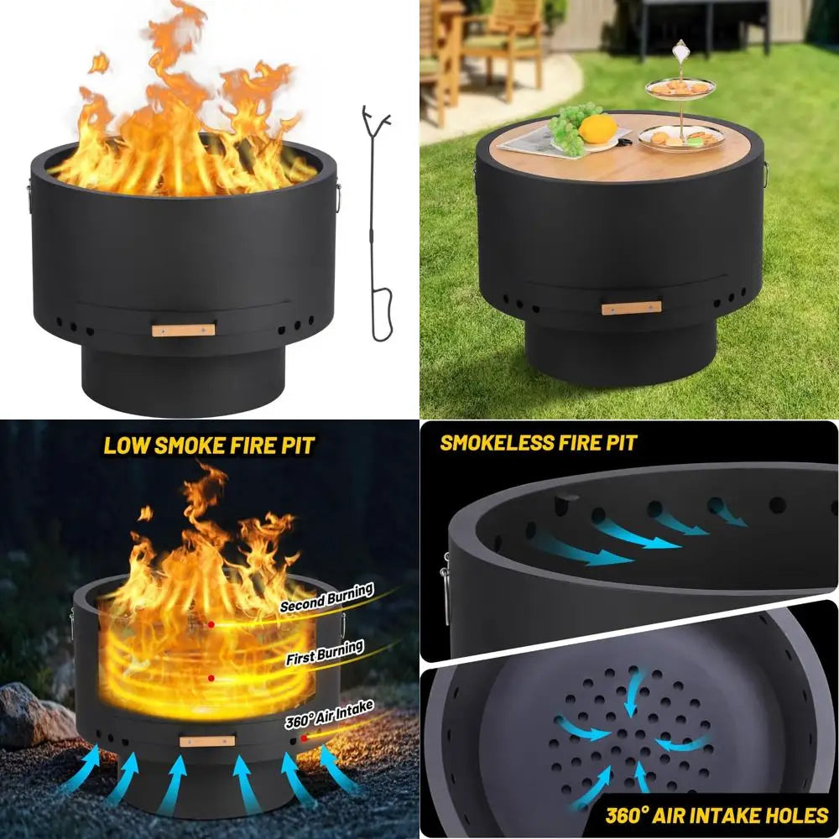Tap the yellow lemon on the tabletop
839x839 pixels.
[x=597, y=129]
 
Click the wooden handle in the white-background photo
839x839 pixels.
[x=183, y=330]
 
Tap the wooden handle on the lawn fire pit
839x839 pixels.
[x=632, y=308]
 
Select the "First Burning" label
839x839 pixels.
[x=325, y=652]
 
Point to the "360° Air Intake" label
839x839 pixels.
[x=329, y=714]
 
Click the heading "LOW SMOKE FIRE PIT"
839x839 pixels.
[x=209, y=446]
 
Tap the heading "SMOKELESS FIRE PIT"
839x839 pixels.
[x=539, y=443]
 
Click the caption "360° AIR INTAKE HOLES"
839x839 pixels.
[x=717, y=816]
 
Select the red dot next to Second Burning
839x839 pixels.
[x=211, y=624]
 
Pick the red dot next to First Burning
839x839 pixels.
[x=211, y=678]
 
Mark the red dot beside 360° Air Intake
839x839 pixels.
[x=304, y=738]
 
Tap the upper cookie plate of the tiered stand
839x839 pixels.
[x=680, y=87]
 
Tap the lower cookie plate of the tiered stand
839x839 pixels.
[x=681, y=137]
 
